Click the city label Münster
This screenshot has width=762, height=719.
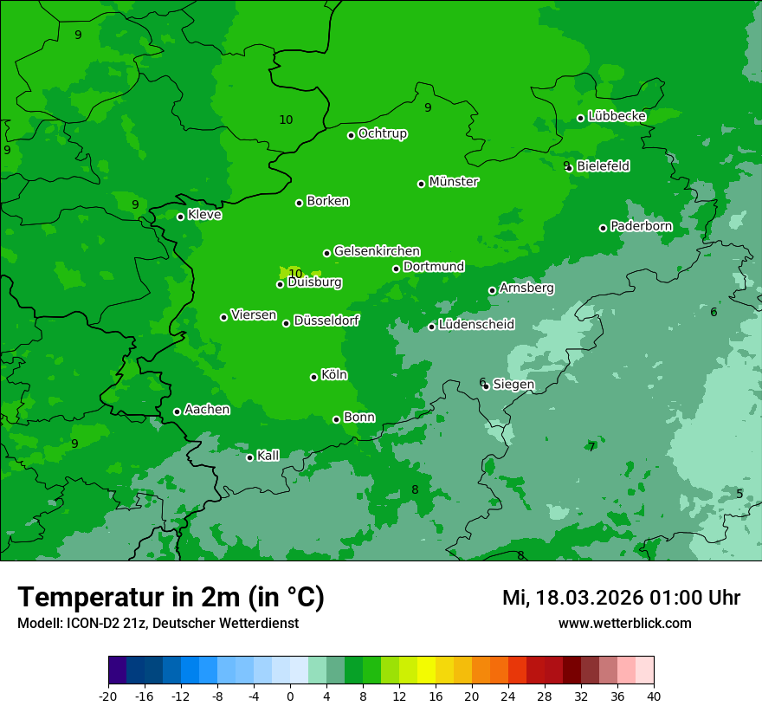coord(454,182)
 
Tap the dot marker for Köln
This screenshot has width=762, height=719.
coord(313,377)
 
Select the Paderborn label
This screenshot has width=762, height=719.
coord(641,226)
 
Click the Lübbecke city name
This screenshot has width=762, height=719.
coord(617,116)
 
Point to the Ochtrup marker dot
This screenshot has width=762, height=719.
coord(351,135)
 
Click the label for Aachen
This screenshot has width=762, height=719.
coord(207,410)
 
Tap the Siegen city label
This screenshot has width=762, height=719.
coord(513,385)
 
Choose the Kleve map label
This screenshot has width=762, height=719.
coord(204,215)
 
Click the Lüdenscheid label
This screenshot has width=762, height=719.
coord(476,325)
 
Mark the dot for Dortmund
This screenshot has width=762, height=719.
coord(396,269)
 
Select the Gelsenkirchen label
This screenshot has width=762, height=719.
coord(377,251)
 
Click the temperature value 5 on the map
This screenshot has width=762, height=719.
coord(739,494)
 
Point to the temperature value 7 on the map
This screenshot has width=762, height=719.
coord(591,447)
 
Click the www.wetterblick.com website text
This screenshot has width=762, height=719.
coord(624,623)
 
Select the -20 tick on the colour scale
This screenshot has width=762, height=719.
coord(108,696)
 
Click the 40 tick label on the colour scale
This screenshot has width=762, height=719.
coord(653,696)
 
